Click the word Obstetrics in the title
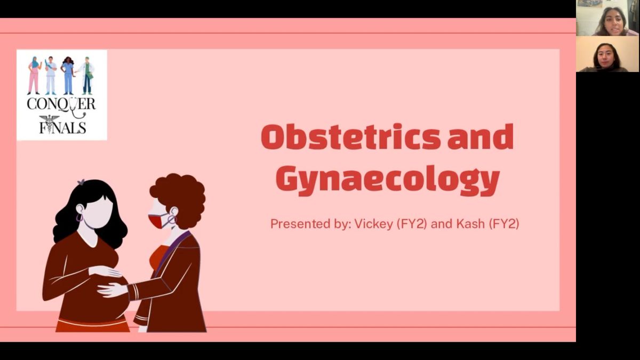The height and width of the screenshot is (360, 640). pyautogui.click(x=350, y=137)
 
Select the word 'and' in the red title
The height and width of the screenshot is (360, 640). pyautogui.click(x=481, y=137)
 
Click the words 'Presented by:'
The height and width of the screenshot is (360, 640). pyautogui.click(x=310, y=224)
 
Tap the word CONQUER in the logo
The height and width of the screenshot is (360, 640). pyautogui.click(x=61, y=104)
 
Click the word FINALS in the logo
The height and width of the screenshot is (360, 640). pyautogui.click(x=62, y=127)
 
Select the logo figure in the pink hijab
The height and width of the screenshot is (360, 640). pyautogui.click(x=34, y=75)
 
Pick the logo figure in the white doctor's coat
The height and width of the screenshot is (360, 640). pyautogui.click(x=86, y=75)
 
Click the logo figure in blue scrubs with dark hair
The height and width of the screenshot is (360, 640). pyautogui.click(x=68, y=75)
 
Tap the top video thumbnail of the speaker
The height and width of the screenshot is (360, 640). pyautogui.click(x=607, y=18)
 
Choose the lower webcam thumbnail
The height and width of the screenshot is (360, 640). pyautogui.click(x=607, y=54)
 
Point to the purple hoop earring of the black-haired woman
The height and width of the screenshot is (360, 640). pyautogui.click(x=79, y=218)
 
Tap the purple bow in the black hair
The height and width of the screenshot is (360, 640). pyautogui.click(x=81, y=182)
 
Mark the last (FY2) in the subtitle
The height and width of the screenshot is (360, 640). pyautogui.click(x=503, y=224)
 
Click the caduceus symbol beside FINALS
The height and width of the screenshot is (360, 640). pyautogui.click(x=49, y=124)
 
